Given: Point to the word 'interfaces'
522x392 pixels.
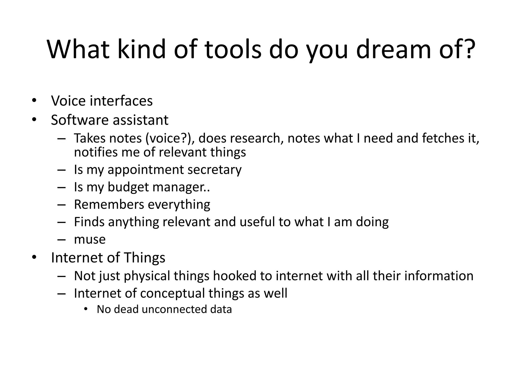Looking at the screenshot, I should [x=121, y=101].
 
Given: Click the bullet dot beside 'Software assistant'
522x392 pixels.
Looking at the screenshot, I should [x=34, y=119].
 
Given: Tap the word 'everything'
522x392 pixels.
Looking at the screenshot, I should [x=179, y=204].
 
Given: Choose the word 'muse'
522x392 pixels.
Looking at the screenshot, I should [x=90, y=239].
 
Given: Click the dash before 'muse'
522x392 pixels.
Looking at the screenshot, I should [x=61, y=240].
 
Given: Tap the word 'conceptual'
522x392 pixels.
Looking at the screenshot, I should [x=172, y=293].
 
